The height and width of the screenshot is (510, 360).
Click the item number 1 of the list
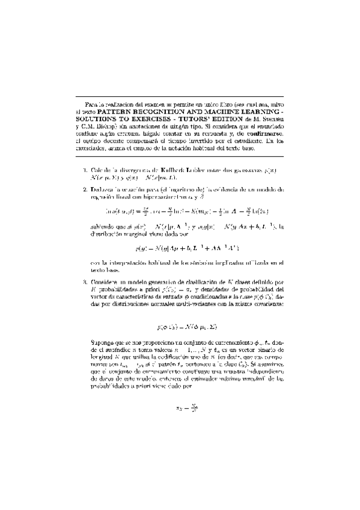(85, 170)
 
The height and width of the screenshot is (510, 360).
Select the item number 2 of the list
(85, 189)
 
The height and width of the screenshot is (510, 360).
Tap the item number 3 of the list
(85, 281)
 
